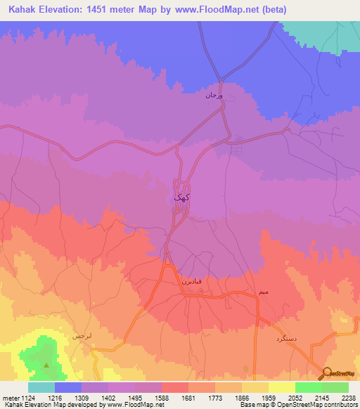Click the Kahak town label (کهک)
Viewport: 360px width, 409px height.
(x=182, y=197)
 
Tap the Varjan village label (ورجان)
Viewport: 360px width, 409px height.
(x=213, y=93)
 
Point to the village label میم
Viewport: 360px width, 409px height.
(x=263, y=290)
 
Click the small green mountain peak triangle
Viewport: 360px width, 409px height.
(x=46, y=365)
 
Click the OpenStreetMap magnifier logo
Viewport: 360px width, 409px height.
(x=326, y=373)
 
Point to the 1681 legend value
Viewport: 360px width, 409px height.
(x=188, y=397)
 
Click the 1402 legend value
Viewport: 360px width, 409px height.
(x=108, y=397)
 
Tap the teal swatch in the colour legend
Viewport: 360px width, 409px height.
(x=41, y=387)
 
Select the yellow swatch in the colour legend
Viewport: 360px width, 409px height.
(x=282, y=387)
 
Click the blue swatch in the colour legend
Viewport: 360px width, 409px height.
(x=68, y=387)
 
